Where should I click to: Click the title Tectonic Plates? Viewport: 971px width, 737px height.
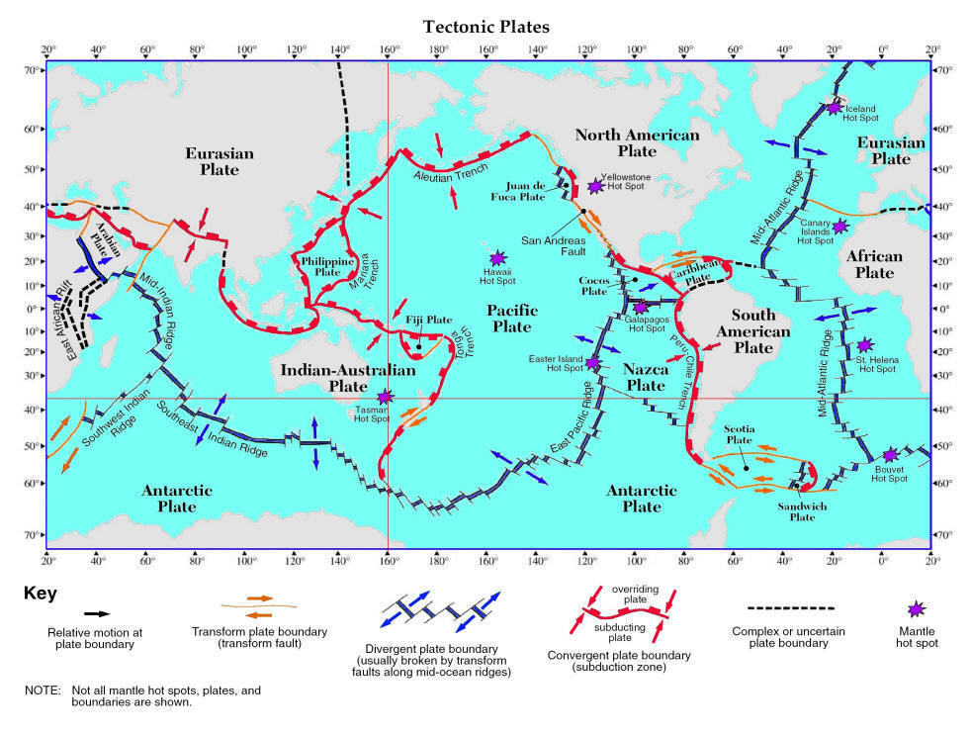(x=485, y=26)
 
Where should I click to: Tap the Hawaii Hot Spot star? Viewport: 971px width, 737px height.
(x=498, y=258)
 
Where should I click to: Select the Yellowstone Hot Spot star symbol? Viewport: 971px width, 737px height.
(x=595, y=185)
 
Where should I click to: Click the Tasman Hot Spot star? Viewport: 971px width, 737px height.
(x=384, y=397)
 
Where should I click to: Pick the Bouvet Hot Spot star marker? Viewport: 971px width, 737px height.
(x=889, y=455)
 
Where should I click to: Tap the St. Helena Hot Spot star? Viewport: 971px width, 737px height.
(x=864, y=345)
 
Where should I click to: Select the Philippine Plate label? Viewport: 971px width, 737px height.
(x=326, y=264)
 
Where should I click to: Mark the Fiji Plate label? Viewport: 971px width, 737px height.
(x=428, y=320)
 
